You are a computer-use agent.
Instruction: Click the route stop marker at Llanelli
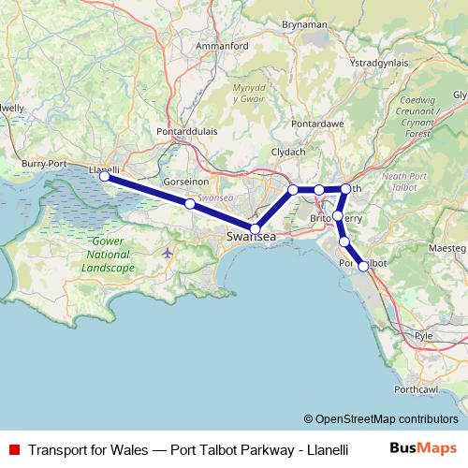coord(104,176)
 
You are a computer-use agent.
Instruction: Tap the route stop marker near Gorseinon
coord(189,203)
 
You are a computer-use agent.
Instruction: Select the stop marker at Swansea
coord(255,228)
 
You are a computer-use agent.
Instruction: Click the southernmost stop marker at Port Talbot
coord(363,267)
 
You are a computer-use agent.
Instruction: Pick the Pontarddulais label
coord(188,132)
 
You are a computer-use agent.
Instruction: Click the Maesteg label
coord(447,246)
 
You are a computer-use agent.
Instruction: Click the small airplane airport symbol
coord(168,253)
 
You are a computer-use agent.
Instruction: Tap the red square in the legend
coord(13,449)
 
